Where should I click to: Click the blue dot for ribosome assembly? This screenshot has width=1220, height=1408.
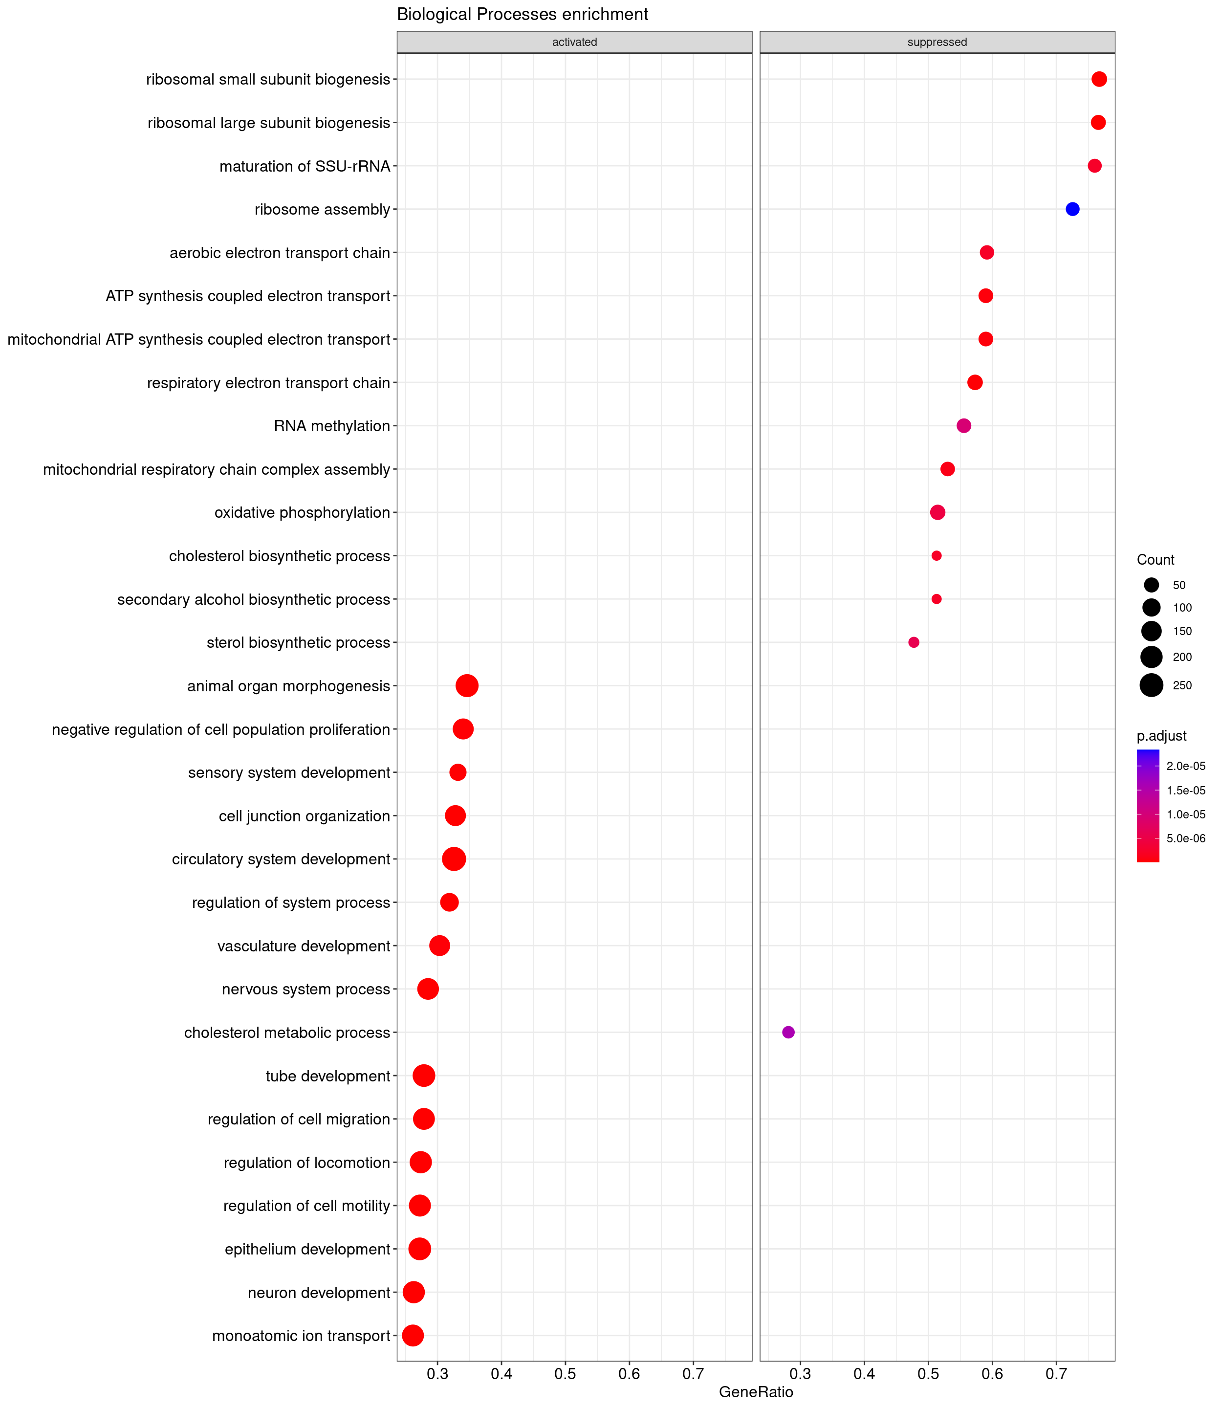1072,209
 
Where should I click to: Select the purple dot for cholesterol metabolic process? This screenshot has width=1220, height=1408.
788,1032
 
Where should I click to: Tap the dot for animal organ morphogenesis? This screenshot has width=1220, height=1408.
467,685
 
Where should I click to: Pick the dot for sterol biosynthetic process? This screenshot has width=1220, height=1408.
914,642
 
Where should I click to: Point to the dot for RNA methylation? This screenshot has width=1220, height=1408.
964,425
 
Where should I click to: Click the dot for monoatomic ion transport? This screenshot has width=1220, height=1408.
413,1335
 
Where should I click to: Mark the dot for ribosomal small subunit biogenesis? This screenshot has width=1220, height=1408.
1099,79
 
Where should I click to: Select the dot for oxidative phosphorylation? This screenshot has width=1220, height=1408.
937,512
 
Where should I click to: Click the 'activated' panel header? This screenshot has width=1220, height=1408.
575,42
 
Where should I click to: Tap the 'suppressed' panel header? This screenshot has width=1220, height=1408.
937,42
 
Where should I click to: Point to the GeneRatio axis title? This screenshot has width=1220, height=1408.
756,1392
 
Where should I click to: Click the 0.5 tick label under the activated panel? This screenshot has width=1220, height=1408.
565,1374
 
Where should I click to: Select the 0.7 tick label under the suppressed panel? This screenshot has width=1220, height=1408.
1056,1374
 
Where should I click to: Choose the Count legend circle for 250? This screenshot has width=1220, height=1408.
1151,685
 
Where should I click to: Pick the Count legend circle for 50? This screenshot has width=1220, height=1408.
1151,585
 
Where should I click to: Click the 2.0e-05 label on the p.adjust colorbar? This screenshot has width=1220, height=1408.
1185,766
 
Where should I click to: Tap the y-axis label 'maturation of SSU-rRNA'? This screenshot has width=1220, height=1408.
305,166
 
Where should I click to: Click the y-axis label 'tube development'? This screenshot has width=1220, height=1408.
327,1076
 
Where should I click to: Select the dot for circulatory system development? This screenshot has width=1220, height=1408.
454,859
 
